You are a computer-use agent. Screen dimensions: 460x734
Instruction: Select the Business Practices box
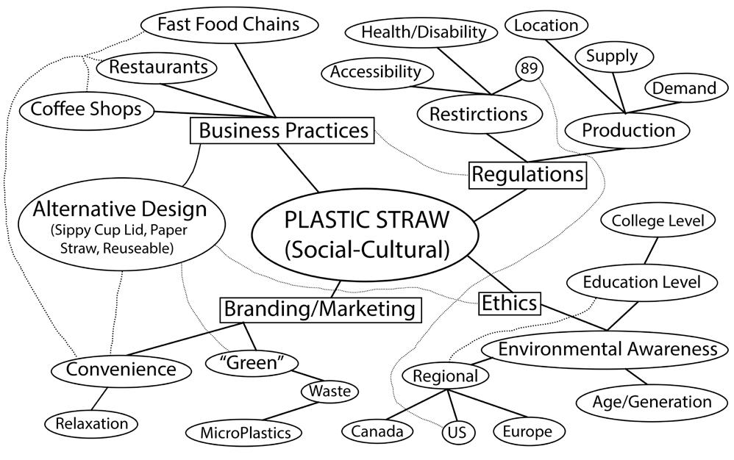click(x=283, y=131)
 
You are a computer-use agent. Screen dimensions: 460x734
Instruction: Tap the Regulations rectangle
click(x=527, y=174)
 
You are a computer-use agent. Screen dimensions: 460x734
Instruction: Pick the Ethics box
click(x=510, y=302)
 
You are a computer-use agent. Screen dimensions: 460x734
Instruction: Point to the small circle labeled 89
click(x=529, y=69)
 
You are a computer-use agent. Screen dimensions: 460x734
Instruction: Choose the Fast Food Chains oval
click(x=229, y=24)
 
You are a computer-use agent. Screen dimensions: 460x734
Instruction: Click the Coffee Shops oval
click(x=85, y=109)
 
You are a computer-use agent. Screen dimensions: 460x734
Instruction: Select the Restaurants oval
click(x=157, y=68)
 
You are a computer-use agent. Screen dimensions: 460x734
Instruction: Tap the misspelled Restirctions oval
click(x=478, y=114)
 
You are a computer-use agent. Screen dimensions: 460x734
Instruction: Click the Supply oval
click(x=611, y=55)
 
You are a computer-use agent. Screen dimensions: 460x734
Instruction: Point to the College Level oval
click(x=658, y=220)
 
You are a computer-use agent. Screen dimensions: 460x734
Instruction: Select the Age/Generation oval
click(x=652, y=402)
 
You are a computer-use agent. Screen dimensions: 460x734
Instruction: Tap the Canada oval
click(x=376, y=431)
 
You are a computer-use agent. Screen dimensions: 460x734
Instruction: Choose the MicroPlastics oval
click(x=245, y=433)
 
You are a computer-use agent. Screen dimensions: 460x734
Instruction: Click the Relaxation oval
click(x=91, y=423)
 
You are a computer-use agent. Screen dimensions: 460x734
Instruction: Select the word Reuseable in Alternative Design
click(x=138, y=248)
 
